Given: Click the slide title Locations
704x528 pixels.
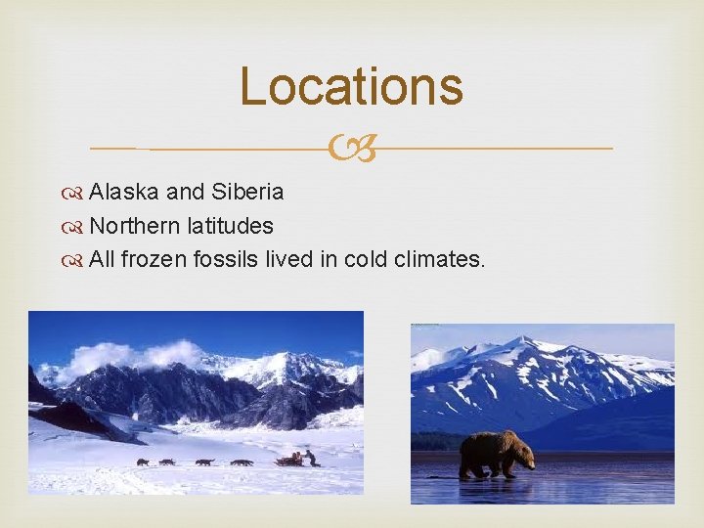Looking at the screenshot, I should (x=351, y=86).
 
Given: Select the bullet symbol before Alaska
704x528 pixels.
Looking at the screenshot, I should (x=75, y=192).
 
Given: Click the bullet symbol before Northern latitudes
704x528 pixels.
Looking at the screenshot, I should (x=75, y=227).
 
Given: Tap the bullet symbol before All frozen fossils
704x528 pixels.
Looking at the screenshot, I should (x=75, y=261).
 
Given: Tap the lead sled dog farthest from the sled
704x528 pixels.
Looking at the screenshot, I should (x=143, y=462).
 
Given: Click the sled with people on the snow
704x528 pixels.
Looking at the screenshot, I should (x=293, y=459).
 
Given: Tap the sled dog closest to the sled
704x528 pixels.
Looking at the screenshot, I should (x=240, y=462).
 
